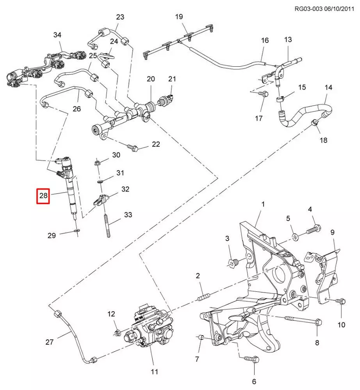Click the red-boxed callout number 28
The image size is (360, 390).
(x=43, y=196)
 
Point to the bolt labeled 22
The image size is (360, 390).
(x=133, y=147)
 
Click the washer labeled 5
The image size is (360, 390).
(x=295, y=236)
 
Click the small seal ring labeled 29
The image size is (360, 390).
(x=76, y=232)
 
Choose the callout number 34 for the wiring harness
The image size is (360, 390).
(x=57, y=35)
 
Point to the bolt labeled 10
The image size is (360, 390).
(x=341, y=301)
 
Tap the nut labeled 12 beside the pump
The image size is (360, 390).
(x=117, y=333)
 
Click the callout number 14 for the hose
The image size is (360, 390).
(x=328, y=87)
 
